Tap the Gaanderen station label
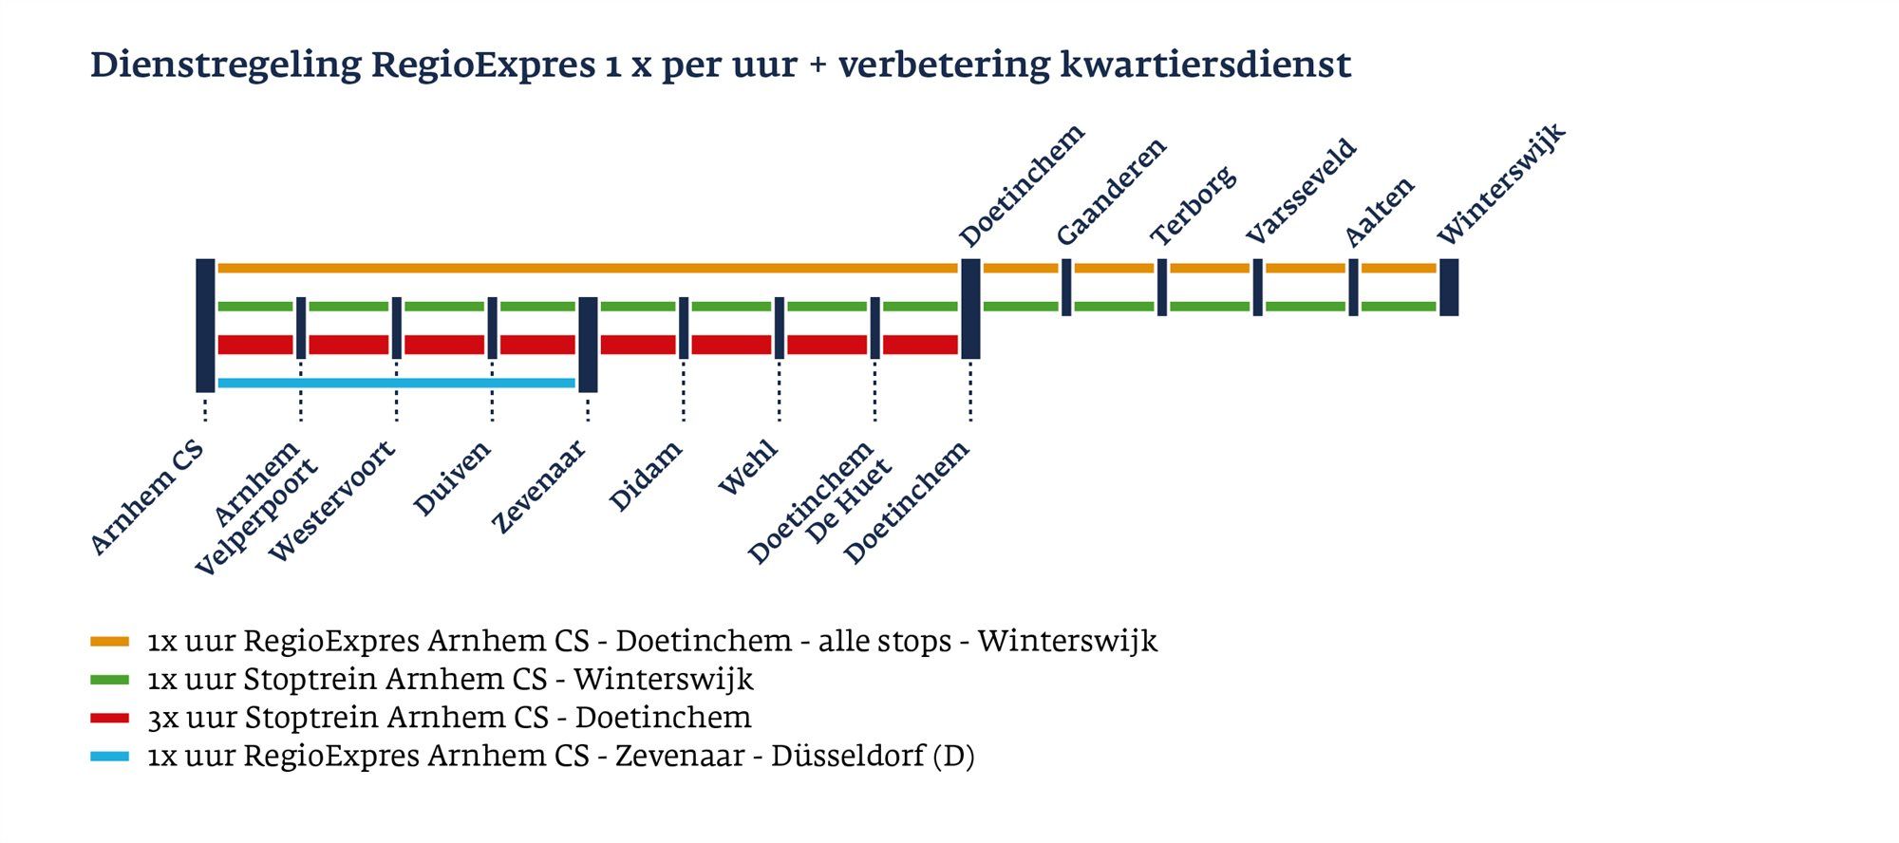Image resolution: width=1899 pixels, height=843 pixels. pyautogui.click(x=1111, y=192)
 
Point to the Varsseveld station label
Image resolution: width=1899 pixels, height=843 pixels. pyautogui.click(x=1301, y=192)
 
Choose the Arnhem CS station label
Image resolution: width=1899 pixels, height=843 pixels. pyautogui.click(x=147, y=497)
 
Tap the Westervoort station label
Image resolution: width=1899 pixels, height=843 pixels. pyautogui.click(x=331, y=501)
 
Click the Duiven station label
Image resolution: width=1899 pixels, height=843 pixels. pyautogui.click(x=453, y=478)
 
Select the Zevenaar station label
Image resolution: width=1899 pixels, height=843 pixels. pyautogui.click(x=538, y=487)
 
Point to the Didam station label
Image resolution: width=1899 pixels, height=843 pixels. pyautogui.click(x=646, y=477)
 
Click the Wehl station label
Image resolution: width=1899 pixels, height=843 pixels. pyautogui.click(x=748, y=468)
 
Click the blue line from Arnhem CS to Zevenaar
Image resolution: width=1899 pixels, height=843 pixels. pyautogui.click(x=396, y=384)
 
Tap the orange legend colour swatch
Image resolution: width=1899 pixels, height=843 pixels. pyautogui.click(x=109, y=643)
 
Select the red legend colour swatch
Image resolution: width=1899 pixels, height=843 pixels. pyautogui.click(x=109, y=719)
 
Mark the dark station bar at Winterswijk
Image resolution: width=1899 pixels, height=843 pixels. pyautogui.click(x=1448, y=287)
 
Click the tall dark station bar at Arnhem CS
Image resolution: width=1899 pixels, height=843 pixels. pyautogui.click(x=205, y=325)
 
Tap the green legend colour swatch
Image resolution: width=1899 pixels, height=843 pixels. pyautogui.click(x=109, y=681)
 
